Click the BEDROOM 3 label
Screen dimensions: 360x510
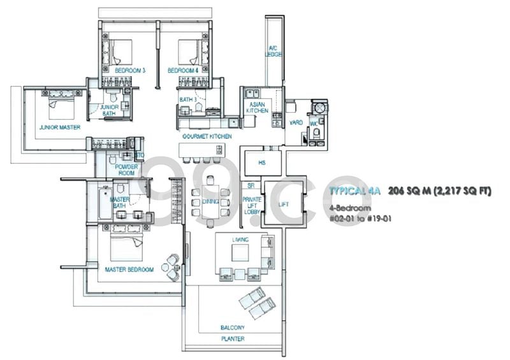[130, 71]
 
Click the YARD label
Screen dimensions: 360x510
[295, 122]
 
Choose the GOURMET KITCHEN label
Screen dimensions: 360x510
[207, 136]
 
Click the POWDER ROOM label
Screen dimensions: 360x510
[127, 169]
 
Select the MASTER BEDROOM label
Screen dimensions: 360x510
[129, 270]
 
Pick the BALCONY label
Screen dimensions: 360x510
[233, 328]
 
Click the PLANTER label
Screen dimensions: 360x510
[233, 339]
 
